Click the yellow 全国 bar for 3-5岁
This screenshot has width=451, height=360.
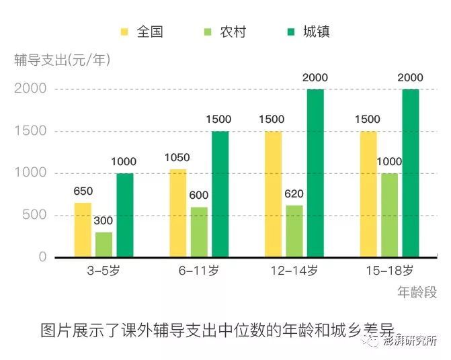tap(83, 230)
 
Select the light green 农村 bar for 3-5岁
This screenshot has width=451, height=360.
tap(104, 245)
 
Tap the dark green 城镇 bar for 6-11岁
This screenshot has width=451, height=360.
tap(220, 194)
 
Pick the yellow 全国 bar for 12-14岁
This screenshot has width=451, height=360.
tap(274, 194)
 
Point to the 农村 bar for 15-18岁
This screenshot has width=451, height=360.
tap(390, 215)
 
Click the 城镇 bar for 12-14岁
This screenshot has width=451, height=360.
tap(315, 173)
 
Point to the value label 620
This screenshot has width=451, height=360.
tap(294, 195)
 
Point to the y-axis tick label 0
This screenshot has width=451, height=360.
tap(42, 257)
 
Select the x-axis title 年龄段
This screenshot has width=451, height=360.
tap(417, 292)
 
